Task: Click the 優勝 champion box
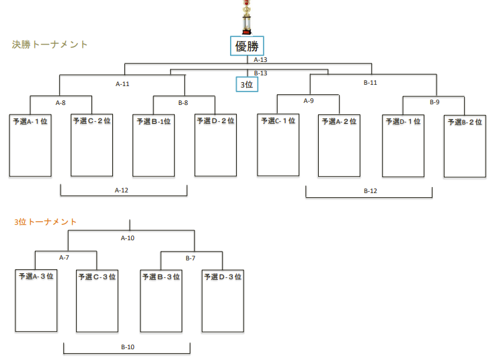pos(247,46)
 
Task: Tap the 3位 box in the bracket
pos(247,84)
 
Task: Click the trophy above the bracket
pos(247,17)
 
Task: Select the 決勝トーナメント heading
pos(50,44)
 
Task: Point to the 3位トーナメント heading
pos(45,222)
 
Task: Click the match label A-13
pos(260,59)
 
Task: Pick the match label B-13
pos(260,73)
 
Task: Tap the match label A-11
pos(122,84)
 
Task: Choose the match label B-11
pos(370,83)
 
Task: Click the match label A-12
pos(121,190)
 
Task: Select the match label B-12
pos(370,191)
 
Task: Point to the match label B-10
pos(128,347)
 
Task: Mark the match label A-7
pos(64,258)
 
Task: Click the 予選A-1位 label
pos(30,122)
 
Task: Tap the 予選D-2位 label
pos(216,121)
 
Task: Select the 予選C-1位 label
pos(278,121)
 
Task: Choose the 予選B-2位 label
pos(465,122)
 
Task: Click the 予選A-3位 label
pos(36,277)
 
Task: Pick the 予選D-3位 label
pos(223,277)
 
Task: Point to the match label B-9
pos(434,102)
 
